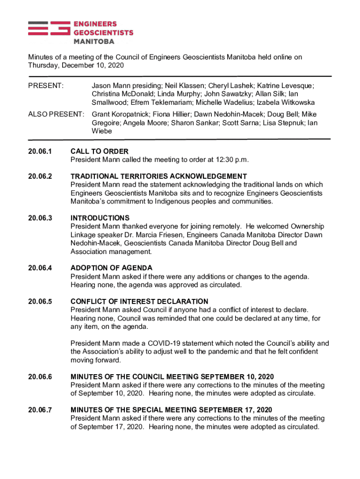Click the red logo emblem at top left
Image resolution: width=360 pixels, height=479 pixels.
49,29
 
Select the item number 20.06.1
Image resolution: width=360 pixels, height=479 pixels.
40,152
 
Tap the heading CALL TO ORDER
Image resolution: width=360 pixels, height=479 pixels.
99,152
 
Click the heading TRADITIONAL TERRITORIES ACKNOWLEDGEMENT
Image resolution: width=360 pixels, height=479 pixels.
158,176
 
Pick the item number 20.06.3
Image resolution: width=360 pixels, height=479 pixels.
40,218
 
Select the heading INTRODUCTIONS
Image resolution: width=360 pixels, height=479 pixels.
100,218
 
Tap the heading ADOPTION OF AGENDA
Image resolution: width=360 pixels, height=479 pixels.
111,268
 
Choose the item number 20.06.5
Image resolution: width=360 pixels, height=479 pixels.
40,301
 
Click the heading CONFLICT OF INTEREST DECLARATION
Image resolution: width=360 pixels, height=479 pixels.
139,301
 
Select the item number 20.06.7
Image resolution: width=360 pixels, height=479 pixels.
40,410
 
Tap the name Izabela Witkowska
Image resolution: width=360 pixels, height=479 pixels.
285,102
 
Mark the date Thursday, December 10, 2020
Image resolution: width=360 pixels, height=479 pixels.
76,65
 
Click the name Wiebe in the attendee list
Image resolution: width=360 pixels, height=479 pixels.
102,131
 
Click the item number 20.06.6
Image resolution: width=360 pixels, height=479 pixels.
40,377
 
